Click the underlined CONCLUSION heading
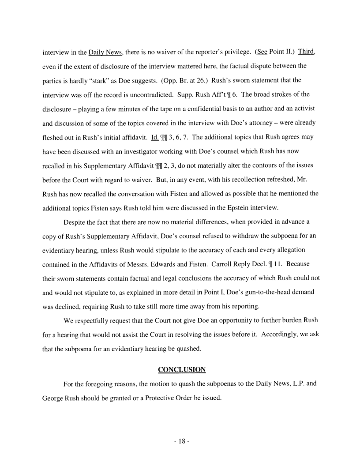[182, 369]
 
